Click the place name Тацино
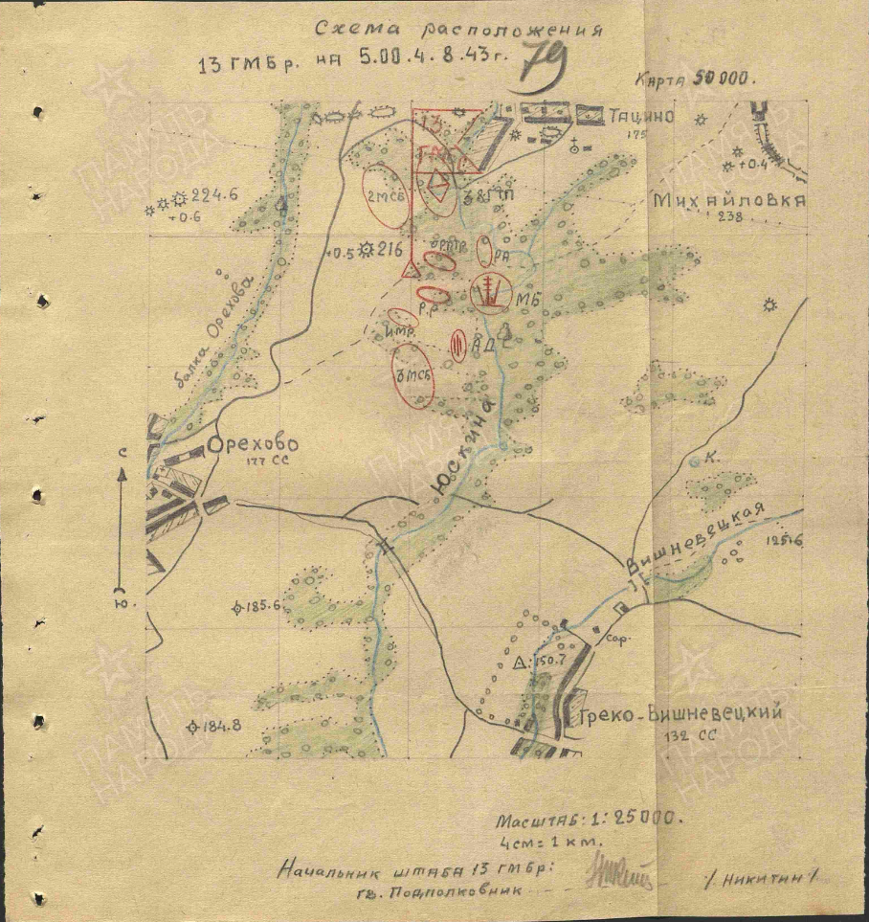641,117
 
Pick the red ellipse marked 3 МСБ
413,376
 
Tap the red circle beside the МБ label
489,291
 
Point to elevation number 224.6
213,196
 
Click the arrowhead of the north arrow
122,471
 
